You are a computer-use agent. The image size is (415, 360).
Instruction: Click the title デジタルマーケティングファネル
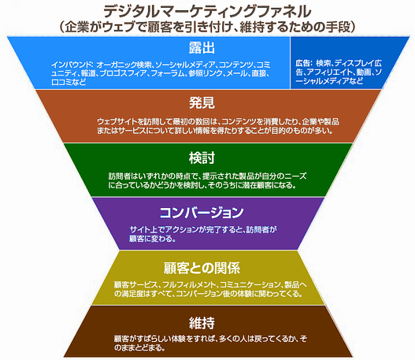click(x=206, y=10)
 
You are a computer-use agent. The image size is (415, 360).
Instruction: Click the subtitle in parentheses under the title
click(x=206, y=26)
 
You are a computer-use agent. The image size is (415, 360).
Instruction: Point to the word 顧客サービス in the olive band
click(x=132, y=284)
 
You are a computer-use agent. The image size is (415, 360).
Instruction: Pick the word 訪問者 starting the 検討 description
click(x=120, y=175)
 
